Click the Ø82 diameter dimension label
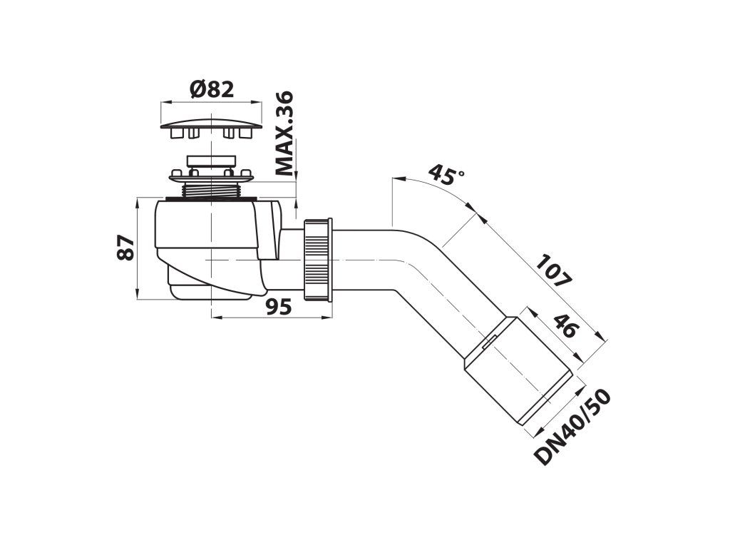(212, 89)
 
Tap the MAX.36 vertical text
(284, 133)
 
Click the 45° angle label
(446, 174)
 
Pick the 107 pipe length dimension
(553, 270)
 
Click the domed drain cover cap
(211, 126)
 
